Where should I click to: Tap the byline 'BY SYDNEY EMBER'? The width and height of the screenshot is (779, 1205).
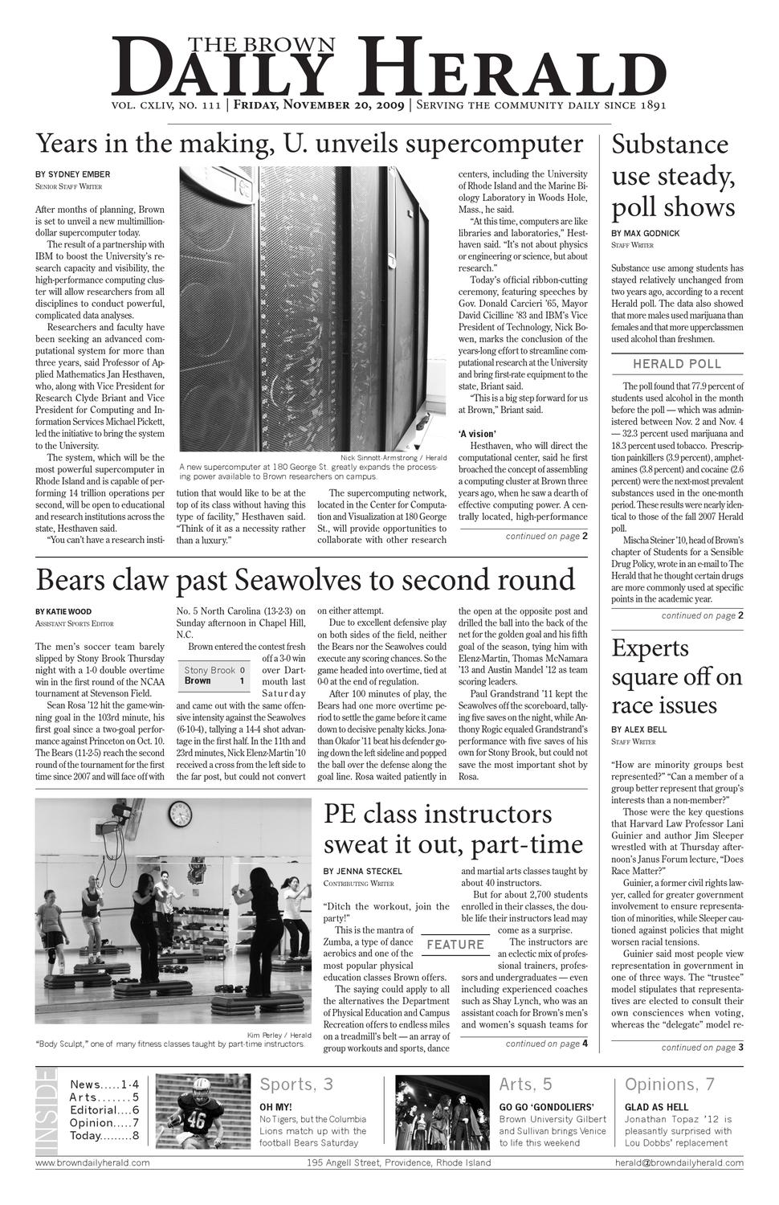[x=73, y=174]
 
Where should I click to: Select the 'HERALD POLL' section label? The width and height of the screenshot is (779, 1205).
[x=677, y=364]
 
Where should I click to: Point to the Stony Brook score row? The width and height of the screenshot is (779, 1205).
[x=214, y=670]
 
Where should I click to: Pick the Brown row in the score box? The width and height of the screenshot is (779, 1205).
[x=214, y=681]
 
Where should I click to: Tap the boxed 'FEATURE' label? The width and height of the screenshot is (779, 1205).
[x=455, y=945]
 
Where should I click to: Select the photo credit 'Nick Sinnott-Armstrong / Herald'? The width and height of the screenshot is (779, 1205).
[x=394, y=457]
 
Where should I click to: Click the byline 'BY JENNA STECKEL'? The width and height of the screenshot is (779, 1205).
[x=363, y=871]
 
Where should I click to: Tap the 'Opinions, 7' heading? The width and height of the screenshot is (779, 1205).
[x=669, y=1084]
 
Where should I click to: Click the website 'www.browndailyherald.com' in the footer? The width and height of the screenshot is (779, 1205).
[x=92, y=1162]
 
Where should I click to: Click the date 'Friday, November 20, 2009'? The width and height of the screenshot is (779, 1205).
[x=319, y=105]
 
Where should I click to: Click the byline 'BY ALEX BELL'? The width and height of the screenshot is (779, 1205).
[x=638, y=729]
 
